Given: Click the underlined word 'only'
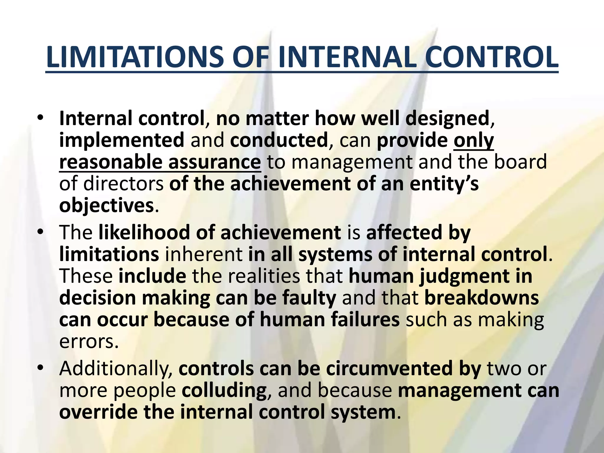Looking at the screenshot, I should coord(474,140).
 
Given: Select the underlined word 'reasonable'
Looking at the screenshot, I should coord(111,162).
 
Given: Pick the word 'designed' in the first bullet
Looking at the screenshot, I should coord(447,119).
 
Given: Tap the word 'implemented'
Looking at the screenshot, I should coord(122,140).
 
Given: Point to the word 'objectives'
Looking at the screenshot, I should coord(106,206).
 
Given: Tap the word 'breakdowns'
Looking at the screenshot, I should coord(482,298).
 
